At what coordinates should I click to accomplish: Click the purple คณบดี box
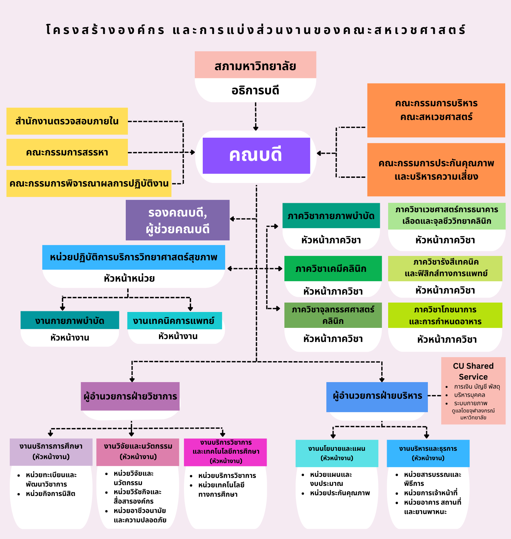[x=256, y=155]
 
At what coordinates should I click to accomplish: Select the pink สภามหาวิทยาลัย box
[x=255, y=65]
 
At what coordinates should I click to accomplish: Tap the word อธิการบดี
[x=255, y=90]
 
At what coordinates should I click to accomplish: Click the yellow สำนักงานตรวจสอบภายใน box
[x=67, y=121]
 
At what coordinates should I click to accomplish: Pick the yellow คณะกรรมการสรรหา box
[x=67, y=152]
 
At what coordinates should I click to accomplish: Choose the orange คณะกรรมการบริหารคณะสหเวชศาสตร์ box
[x=436, y=110]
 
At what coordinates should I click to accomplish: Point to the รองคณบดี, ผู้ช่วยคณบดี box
[x=177, y=220]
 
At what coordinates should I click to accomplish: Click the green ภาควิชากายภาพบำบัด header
[x=331, y=216]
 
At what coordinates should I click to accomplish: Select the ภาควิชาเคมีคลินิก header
[x=333, y=269]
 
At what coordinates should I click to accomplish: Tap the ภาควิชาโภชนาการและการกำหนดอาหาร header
[x=445, y=315]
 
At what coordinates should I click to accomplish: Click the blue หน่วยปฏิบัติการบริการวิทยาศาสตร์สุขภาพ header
[x=133, y=257]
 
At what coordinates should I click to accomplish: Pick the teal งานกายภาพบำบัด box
[x=70, y=320]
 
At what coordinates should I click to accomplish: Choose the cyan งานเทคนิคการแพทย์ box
[x=174, y=321]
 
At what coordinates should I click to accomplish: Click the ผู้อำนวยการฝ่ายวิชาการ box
[x=130, y=396]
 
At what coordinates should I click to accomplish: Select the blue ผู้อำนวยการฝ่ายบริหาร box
[x=377, y=397]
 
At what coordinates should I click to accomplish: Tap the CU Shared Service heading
[x=473, y=371]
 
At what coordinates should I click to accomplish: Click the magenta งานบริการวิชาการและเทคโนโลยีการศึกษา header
[x=226, y=452]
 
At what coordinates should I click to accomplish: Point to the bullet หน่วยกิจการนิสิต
[x=50, y=494]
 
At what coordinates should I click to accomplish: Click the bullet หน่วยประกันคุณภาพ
[x=340, y=493]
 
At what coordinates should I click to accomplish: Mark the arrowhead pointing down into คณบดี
[x=255, y=128]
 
